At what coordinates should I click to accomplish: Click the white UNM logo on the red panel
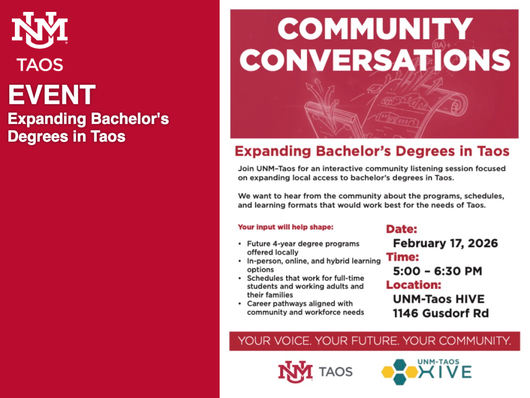(x=40, y=30)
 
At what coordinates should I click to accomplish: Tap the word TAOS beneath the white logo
(x=40, y=65)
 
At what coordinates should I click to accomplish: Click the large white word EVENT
(x=52, y=95)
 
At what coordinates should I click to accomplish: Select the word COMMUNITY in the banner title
(x=375, y=29)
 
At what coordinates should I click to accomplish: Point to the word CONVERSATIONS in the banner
(x=375, y=60)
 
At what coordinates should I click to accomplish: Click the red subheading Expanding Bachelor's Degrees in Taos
(x=372, y=151)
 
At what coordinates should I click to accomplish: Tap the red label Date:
(x=402, y=229)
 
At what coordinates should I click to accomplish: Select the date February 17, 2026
(x=445, y=243)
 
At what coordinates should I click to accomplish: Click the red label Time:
(x=402, y=257)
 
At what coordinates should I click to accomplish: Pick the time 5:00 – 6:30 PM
(x=437, y=271)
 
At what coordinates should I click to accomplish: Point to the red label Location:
(x=414, y=285)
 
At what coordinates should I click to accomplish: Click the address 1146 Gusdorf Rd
(x=441, y=313)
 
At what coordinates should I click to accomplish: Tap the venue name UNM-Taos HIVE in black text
(x=439, y=299)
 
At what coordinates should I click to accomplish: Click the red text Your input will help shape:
(x=286, y=227)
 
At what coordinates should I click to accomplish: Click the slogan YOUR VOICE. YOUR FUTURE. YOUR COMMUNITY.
(x=375, y=341)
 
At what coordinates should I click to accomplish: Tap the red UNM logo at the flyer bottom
(x=295, y=372)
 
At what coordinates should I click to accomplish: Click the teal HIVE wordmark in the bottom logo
(x=445, y=372)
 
